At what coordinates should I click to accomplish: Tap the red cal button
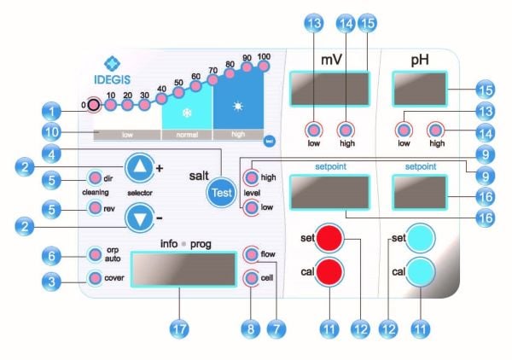(x=329, y=275)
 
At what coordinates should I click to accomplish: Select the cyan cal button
(x=419, y=275)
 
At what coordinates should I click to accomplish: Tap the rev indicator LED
(x=94, y=208)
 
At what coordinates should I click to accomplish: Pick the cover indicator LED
(x=94, y=276)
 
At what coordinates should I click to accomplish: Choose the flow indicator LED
(x=252, y=253)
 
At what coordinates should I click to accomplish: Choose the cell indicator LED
(x=252, y=277)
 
